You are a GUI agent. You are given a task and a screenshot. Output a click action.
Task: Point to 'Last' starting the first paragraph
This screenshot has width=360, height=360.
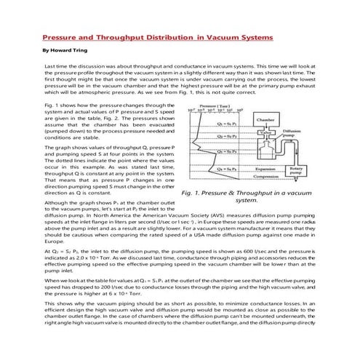click(50, 66)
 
